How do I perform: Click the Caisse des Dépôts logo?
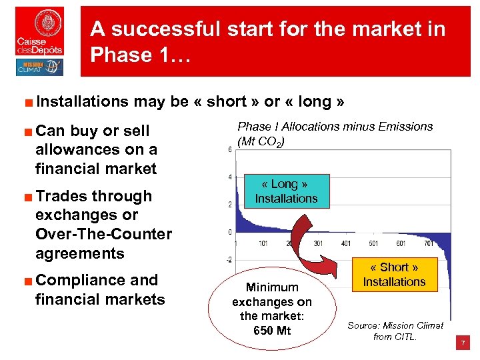pyautogui.click(x=40, y=31)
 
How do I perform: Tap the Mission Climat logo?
pyautogui.click(x=39, y=67)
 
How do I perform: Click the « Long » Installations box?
pyautogui.click(x=286, y=191)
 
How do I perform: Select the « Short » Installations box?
pyautogui.click(x=394, y=275)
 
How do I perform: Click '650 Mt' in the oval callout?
pyautogui.click(x=272, y=331)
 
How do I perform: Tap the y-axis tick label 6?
pyautogui.click(x=230, y=150)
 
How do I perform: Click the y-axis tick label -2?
pyautogui.click(x=229, y=259)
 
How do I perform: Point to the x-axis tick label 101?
pyautogui.click(x=263, y=243)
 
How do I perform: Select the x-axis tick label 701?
pyautogui.click(x=429, y=243)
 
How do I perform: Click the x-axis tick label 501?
pyautogui.click(x=373, y=243)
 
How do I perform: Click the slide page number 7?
pyautogui.click(x=463, y=343)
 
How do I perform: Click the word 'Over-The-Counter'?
pyautogui.click(x=103, y=234)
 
